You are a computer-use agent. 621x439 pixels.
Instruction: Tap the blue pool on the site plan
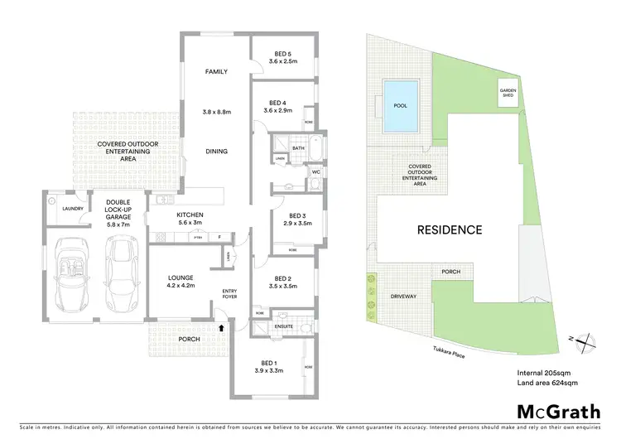(x=400, y=106)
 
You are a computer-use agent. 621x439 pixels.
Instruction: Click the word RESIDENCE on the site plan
(x=447, y=229)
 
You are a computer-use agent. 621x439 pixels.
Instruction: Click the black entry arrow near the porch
(x=221, y=328)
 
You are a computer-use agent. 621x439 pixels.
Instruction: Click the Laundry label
(x=70, y=209)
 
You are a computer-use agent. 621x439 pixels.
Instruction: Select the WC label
(x=316, y=172)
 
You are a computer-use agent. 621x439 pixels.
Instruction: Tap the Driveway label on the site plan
(x=403, y=296)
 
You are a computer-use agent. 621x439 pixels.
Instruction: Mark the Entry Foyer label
(x=230, y=295)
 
